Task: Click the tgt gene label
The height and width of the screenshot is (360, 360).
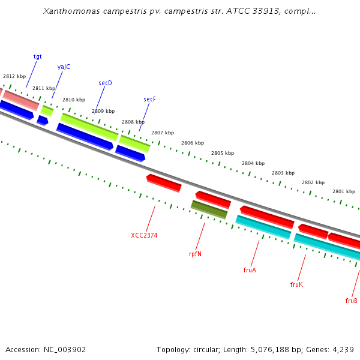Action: [x=38, y=56]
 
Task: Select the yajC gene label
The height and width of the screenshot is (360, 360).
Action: [x=64, y=67]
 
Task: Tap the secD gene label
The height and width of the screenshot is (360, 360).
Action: [x=105, y=83]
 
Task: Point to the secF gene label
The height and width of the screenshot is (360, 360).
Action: [x=149, y=99]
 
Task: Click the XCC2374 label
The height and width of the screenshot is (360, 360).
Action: [x=144, y=235]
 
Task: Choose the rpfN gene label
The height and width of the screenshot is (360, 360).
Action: [x=195, y=254]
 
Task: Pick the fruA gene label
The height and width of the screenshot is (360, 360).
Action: [x=250, y=270]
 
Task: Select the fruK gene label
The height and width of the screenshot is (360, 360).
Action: [x=296, y=284]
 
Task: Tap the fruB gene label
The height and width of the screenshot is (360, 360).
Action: [x=352, y=301]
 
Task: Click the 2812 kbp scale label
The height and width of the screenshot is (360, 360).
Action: [x=14, y=76]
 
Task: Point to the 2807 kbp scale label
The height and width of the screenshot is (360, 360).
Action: [x=163, y=133]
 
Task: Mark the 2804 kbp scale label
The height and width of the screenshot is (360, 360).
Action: [x=253, y=163]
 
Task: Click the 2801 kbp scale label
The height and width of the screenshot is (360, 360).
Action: [x=344, y=191]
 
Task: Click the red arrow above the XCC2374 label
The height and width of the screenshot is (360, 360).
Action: [x=164, y=182]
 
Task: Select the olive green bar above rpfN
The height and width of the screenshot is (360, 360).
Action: [x=209, y=209]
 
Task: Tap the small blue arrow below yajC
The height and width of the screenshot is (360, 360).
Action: [x=42, y=121]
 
